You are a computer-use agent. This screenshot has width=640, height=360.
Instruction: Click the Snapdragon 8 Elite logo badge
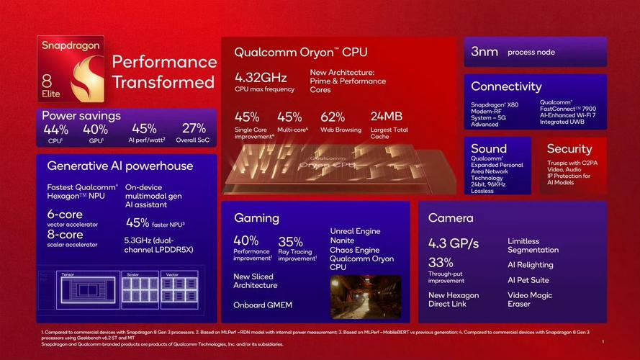[x=71, y=70]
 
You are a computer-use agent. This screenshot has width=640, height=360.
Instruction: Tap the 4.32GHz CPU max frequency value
[x=261, y=77]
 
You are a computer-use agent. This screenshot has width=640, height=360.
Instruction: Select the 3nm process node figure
[x=484, y=52]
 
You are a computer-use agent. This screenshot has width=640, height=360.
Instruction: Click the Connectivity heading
[x=506, y=86]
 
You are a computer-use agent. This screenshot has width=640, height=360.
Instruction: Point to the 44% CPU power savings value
[x=55, y=130]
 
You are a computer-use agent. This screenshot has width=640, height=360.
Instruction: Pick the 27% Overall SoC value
[x=194, y=130]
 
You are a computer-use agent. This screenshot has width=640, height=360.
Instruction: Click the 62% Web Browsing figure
[x=333, y=117]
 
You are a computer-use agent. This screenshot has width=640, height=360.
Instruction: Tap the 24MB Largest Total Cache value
[x=386, y=117]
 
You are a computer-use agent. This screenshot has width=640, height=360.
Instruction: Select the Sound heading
[x=489, y=148]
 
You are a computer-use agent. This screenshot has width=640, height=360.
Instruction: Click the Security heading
[x=569, y=148]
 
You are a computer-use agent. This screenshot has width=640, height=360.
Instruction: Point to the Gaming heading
[x=256, y=217]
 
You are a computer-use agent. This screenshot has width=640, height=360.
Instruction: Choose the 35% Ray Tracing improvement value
[x=290, y=241]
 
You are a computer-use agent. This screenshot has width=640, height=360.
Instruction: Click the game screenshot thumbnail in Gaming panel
[x=365, y=295]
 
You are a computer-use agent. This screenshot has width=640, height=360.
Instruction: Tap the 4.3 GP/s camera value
[x=454, y=243]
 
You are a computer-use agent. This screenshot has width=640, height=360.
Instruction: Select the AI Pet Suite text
[x=528, y=280]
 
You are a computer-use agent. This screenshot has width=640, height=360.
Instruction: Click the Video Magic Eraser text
[x=529, y=300]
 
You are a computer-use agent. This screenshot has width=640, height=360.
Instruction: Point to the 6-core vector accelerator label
[x=65, y=215]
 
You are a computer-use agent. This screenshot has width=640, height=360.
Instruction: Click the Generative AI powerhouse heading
[x=120, y=166]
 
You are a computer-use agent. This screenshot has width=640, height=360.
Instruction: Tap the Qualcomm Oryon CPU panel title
[x=300, y=52]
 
